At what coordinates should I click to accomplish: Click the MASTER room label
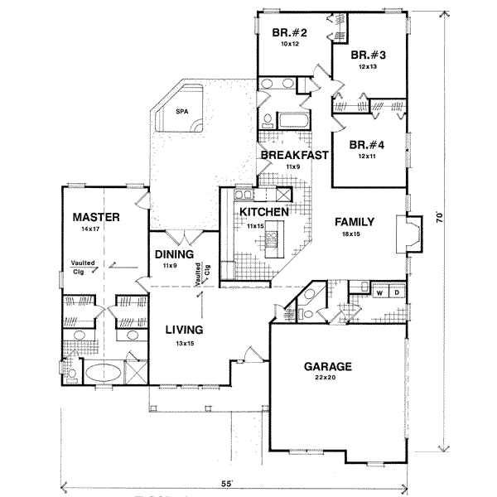click(97, 217)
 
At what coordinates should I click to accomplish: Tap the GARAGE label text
click(330, 366)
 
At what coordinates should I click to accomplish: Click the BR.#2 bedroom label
click(290, 33)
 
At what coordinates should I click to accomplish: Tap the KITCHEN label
click(263, 213)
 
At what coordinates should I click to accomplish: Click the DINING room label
click(173, 255)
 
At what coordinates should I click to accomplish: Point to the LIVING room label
click(184, 329)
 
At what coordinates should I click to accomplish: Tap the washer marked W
click(381, 292)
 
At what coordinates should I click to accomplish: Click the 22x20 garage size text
click(330, 378)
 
